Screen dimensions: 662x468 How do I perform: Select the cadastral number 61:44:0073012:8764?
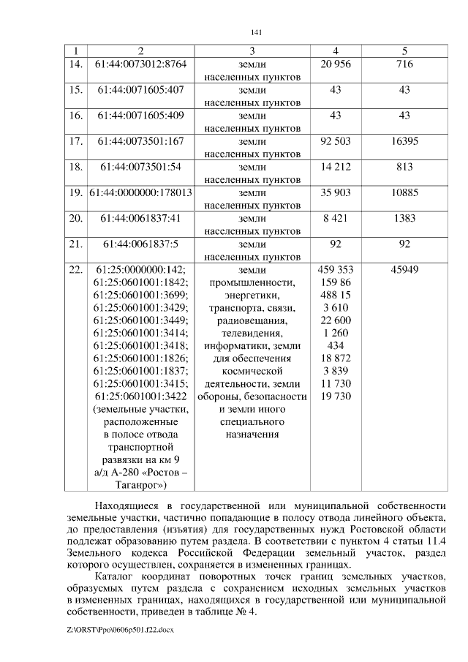tap(141, 64)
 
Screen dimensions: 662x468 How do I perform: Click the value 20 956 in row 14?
tap(336, 64)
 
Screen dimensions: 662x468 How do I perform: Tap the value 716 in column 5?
tap(404, 64)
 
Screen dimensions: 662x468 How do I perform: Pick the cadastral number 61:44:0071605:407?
tap(141, 90)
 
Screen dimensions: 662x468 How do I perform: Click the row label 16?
tap(75, 116)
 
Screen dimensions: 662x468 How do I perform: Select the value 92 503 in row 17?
tap(336, 141)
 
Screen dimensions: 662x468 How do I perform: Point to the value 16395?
tap(404, 141)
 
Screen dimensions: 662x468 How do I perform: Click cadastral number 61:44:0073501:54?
tap(141, 167)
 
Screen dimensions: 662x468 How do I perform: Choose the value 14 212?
tap(336, 167)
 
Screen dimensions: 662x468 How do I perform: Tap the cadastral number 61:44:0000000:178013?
tap(141, 192)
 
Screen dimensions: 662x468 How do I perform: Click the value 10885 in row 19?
tap(404, 192)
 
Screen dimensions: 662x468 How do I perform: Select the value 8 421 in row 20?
tap(336, 218)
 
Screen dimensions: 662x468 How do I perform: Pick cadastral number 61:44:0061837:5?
tap(141, 244)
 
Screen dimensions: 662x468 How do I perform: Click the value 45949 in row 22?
tap(404, 269)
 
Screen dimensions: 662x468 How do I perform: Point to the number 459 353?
tap(336, 269)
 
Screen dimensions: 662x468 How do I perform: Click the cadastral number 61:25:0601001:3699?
tap(141, 295)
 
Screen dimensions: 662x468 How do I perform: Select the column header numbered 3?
tap(252, 51)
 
